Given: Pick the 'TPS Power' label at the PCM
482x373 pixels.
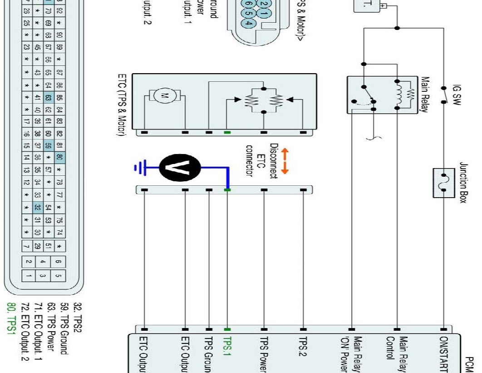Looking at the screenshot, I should (x=264, y=354).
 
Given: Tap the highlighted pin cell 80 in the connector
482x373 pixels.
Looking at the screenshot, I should (x=59, y=158).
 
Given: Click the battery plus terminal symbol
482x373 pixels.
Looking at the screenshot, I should (x=384, y=6).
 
